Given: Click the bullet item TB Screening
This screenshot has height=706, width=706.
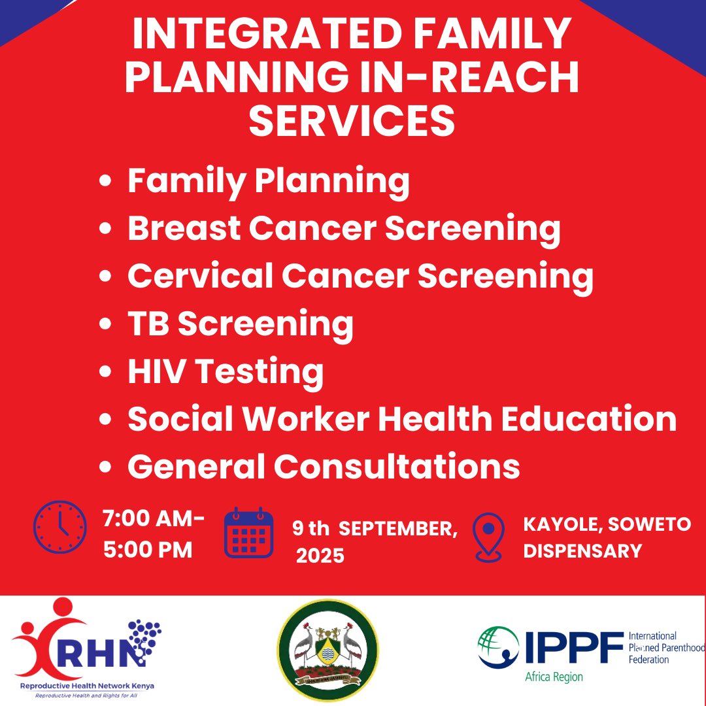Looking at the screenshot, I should coord(240,324).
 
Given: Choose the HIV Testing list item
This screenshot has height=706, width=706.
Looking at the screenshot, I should coord(225,371).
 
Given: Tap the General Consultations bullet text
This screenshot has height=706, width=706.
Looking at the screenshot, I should coord(324,467).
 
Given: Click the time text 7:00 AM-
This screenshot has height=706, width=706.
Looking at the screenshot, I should coord(154,520).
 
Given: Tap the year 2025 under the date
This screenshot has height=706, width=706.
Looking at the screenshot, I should coord(320,556).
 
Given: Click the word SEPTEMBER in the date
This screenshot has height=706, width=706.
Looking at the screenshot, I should coord(398,529).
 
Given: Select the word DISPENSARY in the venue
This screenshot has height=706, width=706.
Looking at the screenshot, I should coord(582,551).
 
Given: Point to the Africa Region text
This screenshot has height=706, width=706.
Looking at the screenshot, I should coord(554,677).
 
